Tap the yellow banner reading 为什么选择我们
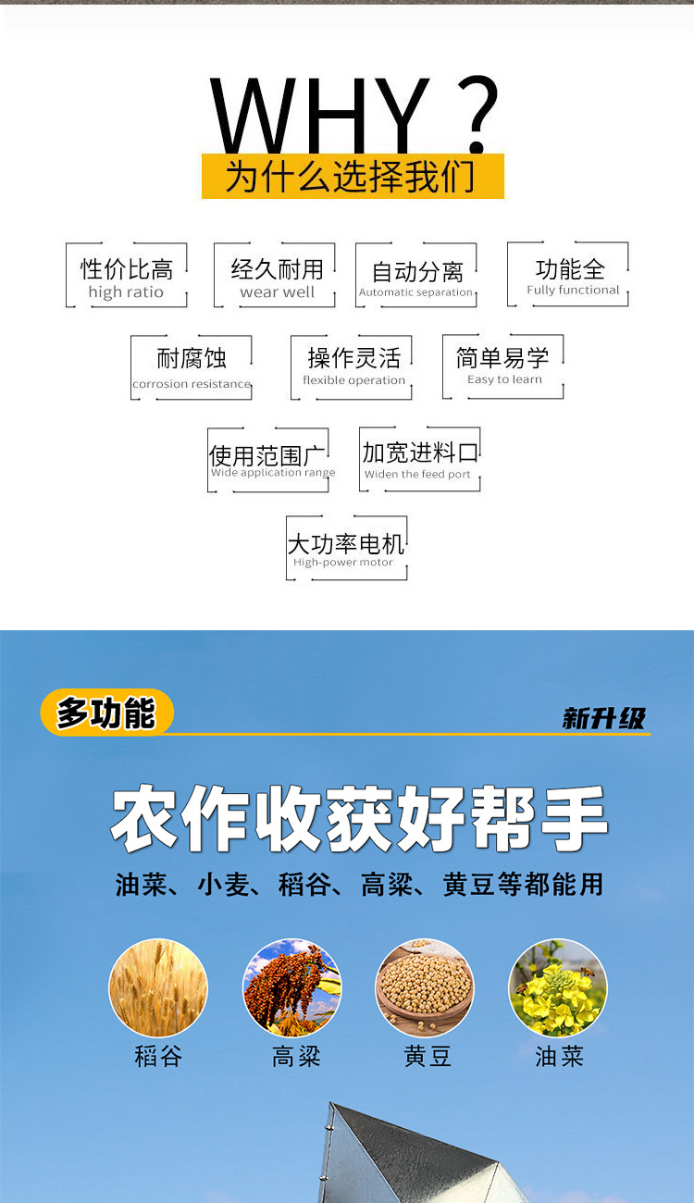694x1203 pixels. (x=353, y=177)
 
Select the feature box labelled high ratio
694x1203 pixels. (x=127, y=276)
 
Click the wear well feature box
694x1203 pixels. (x=277, y=276)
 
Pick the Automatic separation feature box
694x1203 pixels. (x=416, y=276)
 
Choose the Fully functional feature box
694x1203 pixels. (x=569, y=275)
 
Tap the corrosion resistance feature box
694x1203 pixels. (x=192, y=367)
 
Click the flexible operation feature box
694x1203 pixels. (x=353, y=367)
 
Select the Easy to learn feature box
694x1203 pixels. (x=503, y=366)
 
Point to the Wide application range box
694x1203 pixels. (x=268, y=460)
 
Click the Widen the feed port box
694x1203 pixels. (x=420, y=459)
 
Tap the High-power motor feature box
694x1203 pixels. (x=346, y=549)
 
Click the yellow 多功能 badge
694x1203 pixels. (x=106, y=713)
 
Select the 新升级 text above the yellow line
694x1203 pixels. (x=603, y=718)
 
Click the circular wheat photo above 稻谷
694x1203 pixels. (x=158, y=987)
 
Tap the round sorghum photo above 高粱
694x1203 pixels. (x=291, y=987)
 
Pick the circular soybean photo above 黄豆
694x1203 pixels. (x=425, y=987)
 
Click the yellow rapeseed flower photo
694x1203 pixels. (x=558, y=987)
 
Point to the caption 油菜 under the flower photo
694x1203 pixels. (x=559, y=1056)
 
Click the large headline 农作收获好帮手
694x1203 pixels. (x=359, y=819)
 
